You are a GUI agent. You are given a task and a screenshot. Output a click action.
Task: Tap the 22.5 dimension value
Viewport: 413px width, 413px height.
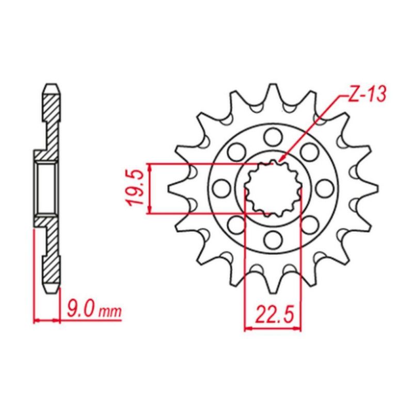point(274,315)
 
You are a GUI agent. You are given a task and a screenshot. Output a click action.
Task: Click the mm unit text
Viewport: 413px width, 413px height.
point(110,312)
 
